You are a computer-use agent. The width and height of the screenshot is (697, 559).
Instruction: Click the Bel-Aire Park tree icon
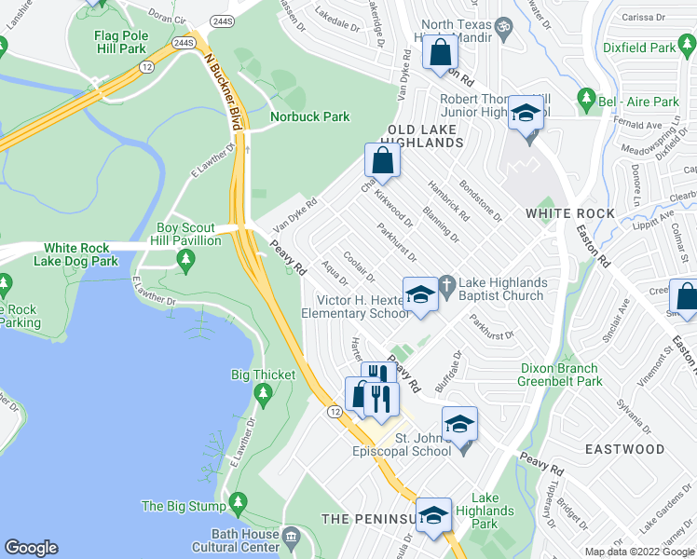coord(586,97)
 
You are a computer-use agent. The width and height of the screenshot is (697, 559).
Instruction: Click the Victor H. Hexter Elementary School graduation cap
coord(419,294)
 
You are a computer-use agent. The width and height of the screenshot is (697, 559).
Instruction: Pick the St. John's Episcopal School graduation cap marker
coord(458,424)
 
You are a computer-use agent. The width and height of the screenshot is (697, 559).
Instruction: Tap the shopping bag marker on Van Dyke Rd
coord(383,160)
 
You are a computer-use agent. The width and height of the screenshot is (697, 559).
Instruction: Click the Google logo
coord(31,548)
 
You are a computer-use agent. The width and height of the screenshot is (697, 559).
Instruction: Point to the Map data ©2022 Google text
coord(640,552)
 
